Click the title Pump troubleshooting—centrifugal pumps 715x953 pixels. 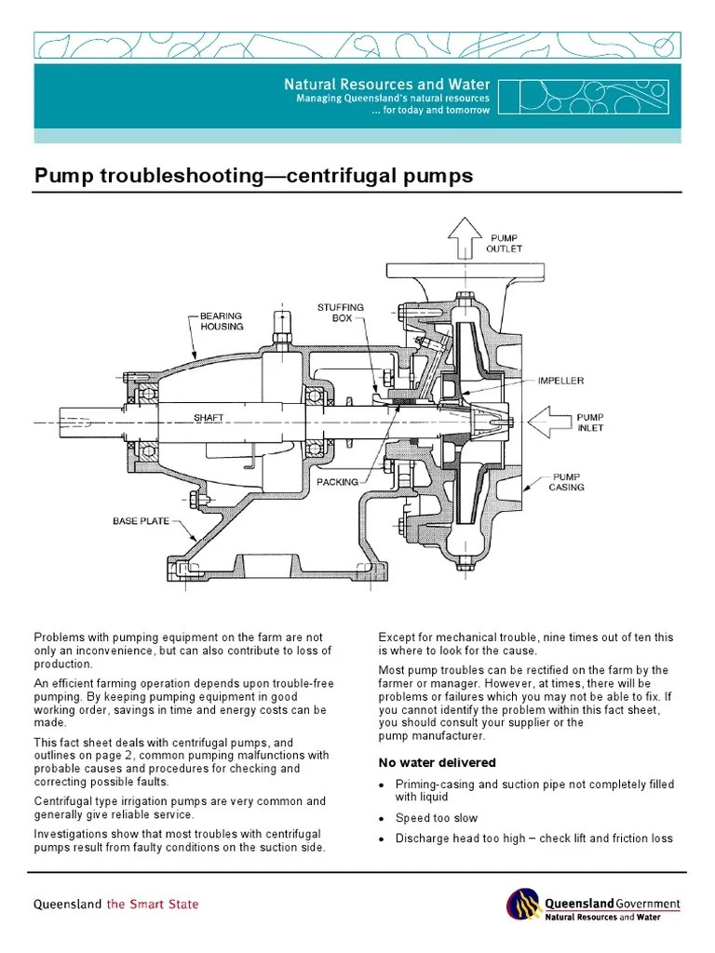(253, 176)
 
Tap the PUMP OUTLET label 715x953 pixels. (504, 244)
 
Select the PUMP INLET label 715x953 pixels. (590, 423)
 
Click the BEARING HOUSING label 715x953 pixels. (222, 321)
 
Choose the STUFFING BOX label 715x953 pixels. (340, 312)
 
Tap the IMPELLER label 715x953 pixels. (561, 381)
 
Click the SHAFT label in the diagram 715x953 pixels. (209, 418)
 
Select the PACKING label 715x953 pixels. (337, 482)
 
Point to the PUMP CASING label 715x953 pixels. (566, 481)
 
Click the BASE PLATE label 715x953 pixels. (142, 521)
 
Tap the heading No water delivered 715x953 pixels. (437, 763)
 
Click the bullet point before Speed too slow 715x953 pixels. (382, 819)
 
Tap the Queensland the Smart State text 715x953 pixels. (116, 904)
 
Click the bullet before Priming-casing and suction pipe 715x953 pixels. (382, 786)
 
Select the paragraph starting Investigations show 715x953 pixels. (179, 840)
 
